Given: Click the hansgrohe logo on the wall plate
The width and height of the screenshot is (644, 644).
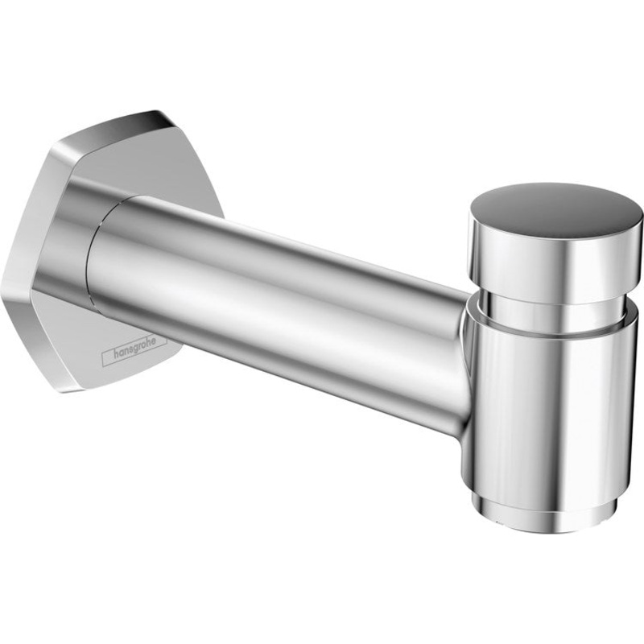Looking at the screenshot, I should (134, 345).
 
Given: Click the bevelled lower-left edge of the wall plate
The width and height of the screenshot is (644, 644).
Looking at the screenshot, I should (32, 338).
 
